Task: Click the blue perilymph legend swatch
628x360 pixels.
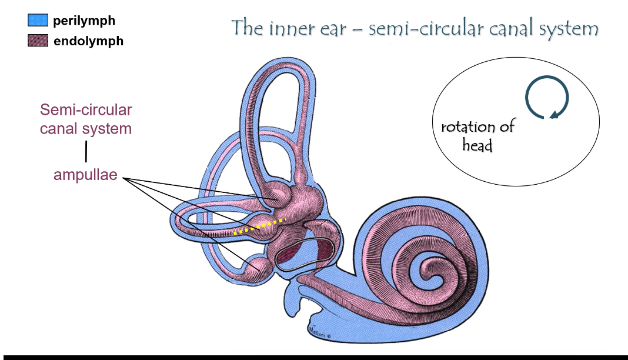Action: point(38,21)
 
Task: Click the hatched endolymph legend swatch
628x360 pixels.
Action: point(38,41)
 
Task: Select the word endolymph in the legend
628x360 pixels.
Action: point(88,42)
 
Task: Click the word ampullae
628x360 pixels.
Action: point(86,175)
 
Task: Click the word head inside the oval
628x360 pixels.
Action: point(477,145)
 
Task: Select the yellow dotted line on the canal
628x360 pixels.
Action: point(259,227)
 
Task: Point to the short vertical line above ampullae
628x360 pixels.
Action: point(86,151)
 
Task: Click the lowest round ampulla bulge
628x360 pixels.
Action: point(259,268)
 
